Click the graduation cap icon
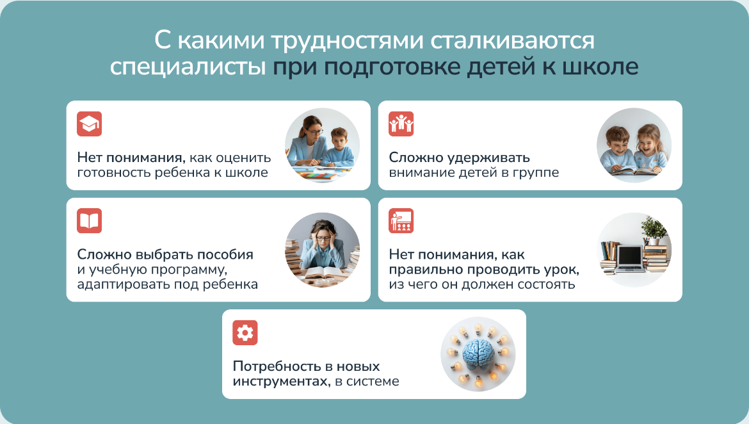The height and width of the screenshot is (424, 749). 90,124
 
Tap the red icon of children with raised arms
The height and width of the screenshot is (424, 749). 401,124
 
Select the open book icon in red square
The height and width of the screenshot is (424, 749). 90,221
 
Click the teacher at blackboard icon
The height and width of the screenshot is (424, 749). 401,221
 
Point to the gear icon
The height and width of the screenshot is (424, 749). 245,332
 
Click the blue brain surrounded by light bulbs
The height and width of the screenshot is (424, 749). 478,354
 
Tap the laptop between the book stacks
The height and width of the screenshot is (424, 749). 629,258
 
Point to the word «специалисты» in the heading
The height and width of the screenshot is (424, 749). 188,67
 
